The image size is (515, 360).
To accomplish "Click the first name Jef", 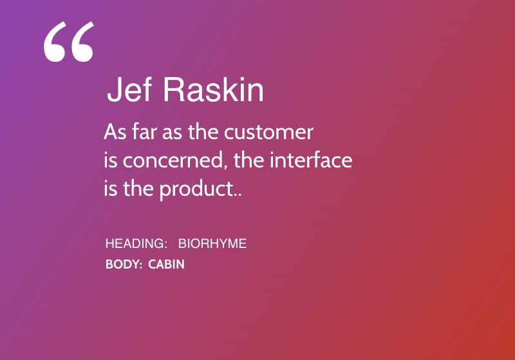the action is tap(129, 90).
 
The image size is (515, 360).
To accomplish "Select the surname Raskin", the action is tap(213, 90).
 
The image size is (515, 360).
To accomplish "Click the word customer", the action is tap(268, 133).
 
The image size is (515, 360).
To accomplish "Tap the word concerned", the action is tap(175, 160).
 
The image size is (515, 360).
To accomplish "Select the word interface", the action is tap(311, 160).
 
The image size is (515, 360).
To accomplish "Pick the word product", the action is tap(197, 189).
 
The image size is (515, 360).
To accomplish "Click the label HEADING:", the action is tap(136, 243).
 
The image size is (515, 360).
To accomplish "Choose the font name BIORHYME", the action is tap(212, 243).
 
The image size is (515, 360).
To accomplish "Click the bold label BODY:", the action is tap(124, 265).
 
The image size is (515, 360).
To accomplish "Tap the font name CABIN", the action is tap(166, 265).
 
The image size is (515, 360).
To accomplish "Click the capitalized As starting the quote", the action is tap(115, 132).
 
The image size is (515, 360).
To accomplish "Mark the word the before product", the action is tap(138, 189).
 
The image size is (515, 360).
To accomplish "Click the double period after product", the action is tap(238, 194).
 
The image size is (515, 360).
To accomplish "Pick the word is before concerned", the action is tap(110, 160).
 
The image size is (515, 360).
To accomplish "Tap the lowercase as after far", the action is tap(172, 133).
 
